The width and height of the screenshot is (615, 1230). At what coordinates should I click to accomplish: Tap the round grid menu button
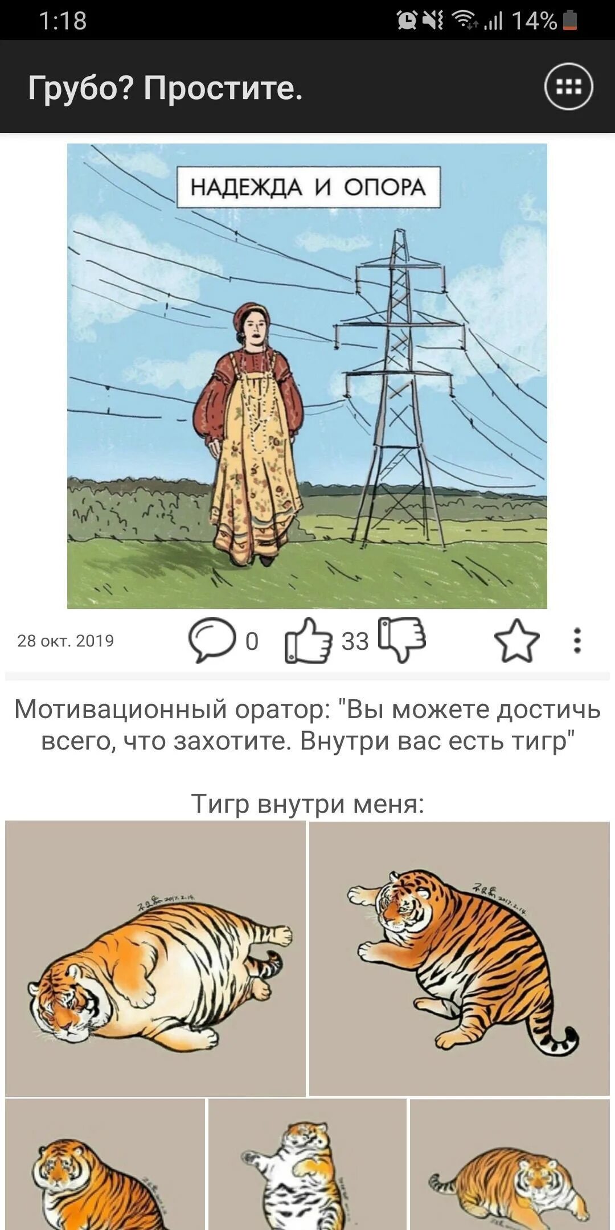point(568,87)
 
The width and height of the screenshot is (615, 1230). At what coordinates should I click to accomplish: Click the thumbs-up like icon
point(308,641)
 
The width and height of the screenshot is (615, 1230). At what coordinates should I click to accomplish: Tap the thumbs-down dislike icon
point(402,638)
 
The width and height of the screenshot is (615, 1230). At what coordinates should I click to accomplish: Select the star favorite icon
point(516,641)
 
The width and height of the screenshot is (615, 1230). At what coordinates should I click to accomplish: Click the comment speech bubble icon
point(212,639)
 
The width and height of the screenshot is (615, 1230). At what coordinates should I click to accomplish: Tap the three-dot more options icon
point(577,641)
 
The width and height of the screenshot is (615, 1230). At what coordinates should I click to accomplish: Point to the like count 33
point(355,642)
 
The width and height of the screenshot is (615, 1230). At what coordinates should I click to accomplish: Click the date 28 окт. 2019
point(65,641)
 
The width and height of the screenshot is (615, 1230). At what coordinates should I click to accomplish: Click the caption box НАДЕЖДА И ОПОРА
point(308,187)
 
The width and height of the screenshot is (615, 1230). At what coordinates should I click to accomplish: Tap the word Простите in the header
point(222,88)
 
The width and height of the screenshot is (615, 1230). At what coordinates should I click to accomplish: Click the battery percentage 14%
point(534,21)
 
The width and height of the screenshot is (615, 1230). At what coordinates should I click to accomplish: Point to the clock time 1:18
point(63,21)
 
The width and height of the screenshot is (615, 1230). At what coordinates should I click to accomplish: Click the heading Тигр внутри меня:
point(307,803)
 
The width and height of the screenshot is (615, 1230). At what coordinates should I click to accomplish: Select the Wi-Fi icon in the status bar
point(464,20)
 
